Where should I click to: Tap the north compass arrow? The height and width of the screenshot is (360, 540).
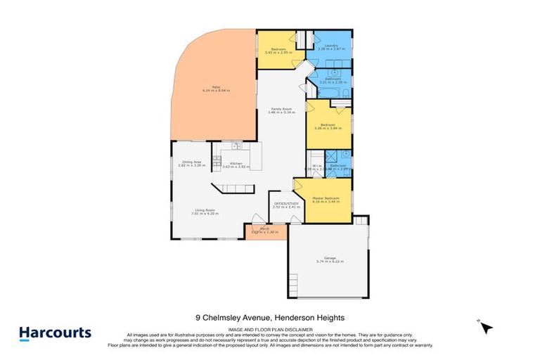(487, 327)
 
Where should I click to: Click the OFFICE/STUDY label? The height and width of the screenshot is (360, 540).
(286, 204)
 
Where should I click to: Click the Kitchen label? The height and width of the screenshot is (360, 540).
(236, 164)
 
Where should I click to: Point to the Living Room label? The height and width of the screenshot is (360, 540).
(205, 210)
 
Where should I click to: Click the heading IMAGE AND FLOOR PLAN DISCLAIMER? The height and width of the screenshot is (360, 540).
(269, 330)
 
